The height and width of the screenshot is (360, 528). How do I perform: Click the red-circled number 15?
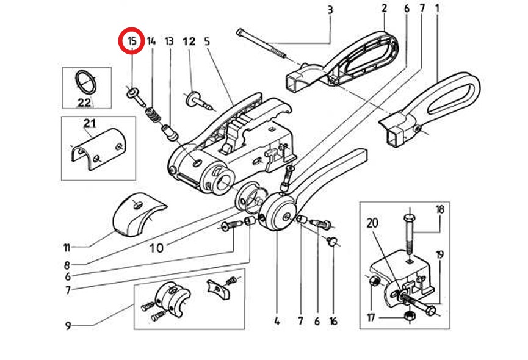click(132, 41)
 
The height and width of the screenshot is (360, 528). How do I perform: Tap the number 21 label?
click(90, 123)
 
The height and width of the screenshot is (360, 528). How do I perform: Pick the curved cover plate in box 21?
click(98, 149)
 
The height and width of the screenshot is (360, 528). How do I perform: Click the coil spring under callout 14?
click(153, 115)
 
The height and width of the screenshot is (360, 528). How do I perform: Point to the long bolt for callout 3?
click(261, 43)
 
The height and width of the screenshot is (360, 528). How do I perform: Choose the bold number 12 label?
click(189, 41)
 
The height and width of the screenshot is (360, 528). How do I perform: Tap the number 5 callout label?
click(207, 41)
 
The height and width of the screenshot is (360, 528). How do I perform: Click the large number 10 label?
click(157, 248)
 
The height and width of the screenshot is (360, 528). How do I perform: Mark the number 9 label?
click(68, 326)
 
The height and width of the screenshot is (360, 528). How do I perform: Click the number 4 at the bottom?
click(277, 322)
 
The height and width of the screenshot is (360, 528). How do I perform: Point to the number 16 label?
click(333, 322)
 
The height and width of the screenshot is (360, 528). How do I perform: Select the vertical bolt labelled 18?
click(409, 234)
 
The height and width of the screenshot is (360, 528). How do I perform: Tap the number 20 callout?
click(372, 223)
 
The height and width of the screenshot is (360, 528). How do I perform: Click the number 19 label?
click(439, 254)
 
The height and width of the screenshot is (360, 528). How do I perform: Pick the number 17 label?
click(371, 317)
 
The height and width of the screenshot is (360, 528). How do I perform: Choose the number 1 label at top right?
click(438, 8)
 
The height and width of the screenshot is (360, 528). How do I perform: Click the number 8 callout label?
click(67, 265)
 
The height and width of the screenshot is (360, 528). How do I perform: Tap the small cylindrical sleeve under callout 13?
click(170, 132)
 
